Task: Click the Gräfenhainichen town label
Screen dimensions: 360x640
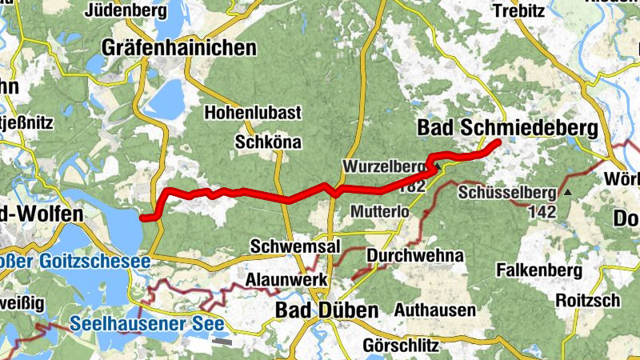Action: (179, 48)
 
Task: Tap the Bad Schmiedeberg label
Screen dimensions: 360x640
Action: (507, 128)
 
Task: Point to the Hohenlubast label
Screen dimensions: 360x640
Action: (253, 113)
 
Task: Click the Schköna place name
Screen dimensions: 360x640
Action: (268, 142)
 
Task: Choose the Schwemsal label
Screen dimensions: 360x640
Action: (289, 245)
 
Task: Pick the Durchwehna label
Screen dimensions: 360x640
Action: (415, 256)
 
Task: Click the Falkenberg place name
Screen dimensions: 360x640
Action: (538, 270)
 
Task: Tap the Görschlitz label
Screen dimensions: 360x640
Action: (401, 346)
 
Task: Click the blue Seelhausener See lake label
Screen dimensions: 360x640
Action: (147, 324)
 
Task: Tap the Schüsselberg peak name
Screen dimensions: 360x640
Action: (507, 193)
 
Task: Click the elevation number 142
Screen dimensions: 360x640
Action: (542, 211)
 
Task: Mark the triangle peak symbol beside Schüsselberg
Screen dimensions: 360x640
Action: (568, 193)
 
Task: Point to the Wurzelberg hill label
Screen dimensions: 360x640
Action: (384, 166)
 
